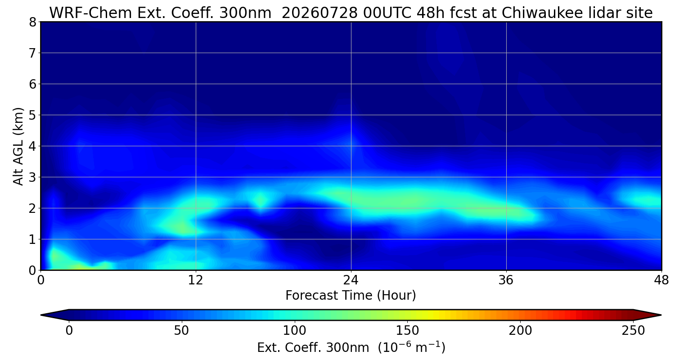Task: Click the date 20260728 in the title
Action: (x=319, y=13)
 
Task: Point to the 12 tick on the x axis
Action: (x=196, y=280)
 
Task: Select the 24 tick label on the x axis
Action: (x=351, y=280)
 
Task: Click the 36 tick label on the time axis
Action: (x=506, y=280)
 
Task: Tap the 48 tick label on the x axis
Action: (x=661, y=280)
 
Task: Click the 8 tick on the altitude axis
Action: (x=32, y=22)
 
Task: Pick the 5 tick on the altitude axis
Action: (x=32, y=115)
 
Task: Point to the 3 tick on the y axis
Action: (x=32, y=177)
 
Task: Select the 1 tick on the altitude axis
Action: (x=32, y=239)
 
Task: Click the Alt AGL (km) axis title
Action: (x=18, y=146)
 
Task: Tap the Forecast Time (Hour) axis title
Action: (x=351, y=296)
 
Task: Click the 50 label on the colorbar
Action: (x=181, y=331)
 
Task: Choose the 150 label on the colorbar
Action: (x=407, y=331)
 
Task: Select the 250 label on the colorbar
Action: (x=633, y=331)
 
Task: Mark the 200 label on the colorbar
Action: (x=520, y=331)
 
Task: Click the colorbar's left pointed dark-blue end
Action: (x=55, y=315)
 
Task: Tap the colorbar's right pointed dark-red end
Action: (x=647, y=315)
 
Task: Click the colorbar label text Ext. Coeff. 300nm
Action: (x=313, y=348)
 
